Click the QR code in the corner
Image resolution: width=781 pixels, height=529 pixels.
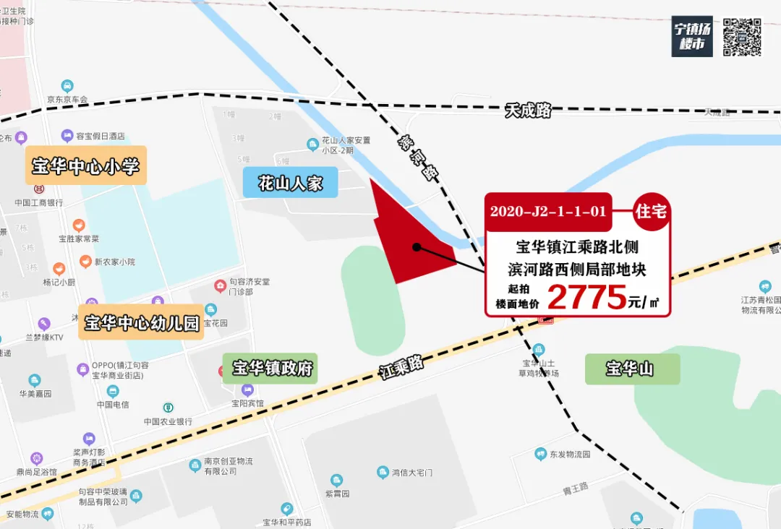click(742, 36)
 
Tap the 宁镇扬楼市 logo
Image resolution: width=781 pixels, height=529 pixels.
click(692, 36)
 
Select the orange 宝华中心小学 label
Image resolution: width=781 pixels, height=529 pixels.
click(85, 166)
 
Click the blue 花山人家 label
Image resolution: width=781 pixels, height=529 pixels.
click(290, 182)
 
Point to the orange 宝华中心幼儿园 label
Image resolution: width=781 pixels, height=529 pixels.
click(142, 322)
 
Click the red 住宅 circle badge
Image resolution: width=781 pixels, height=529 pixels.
click(651, 211)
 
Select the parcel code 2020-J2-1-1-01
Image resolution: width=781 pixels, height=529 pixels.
click(548, 212)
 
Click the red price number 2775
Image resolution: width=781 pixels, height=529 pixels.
click(586, 297)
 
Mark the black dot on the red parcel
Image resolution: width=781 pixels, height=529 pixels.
click(417, 247)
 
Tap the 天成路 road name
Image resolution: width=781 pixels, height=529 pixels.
click(528, 111)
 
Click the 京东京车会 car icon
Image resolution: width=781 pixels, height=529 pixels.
click(67, 85)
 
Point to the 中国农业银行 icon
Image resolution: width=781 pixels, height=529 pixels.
click(168, 408)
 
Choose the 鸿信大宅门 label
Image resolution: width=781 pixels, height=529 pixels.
click(411, 473)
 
